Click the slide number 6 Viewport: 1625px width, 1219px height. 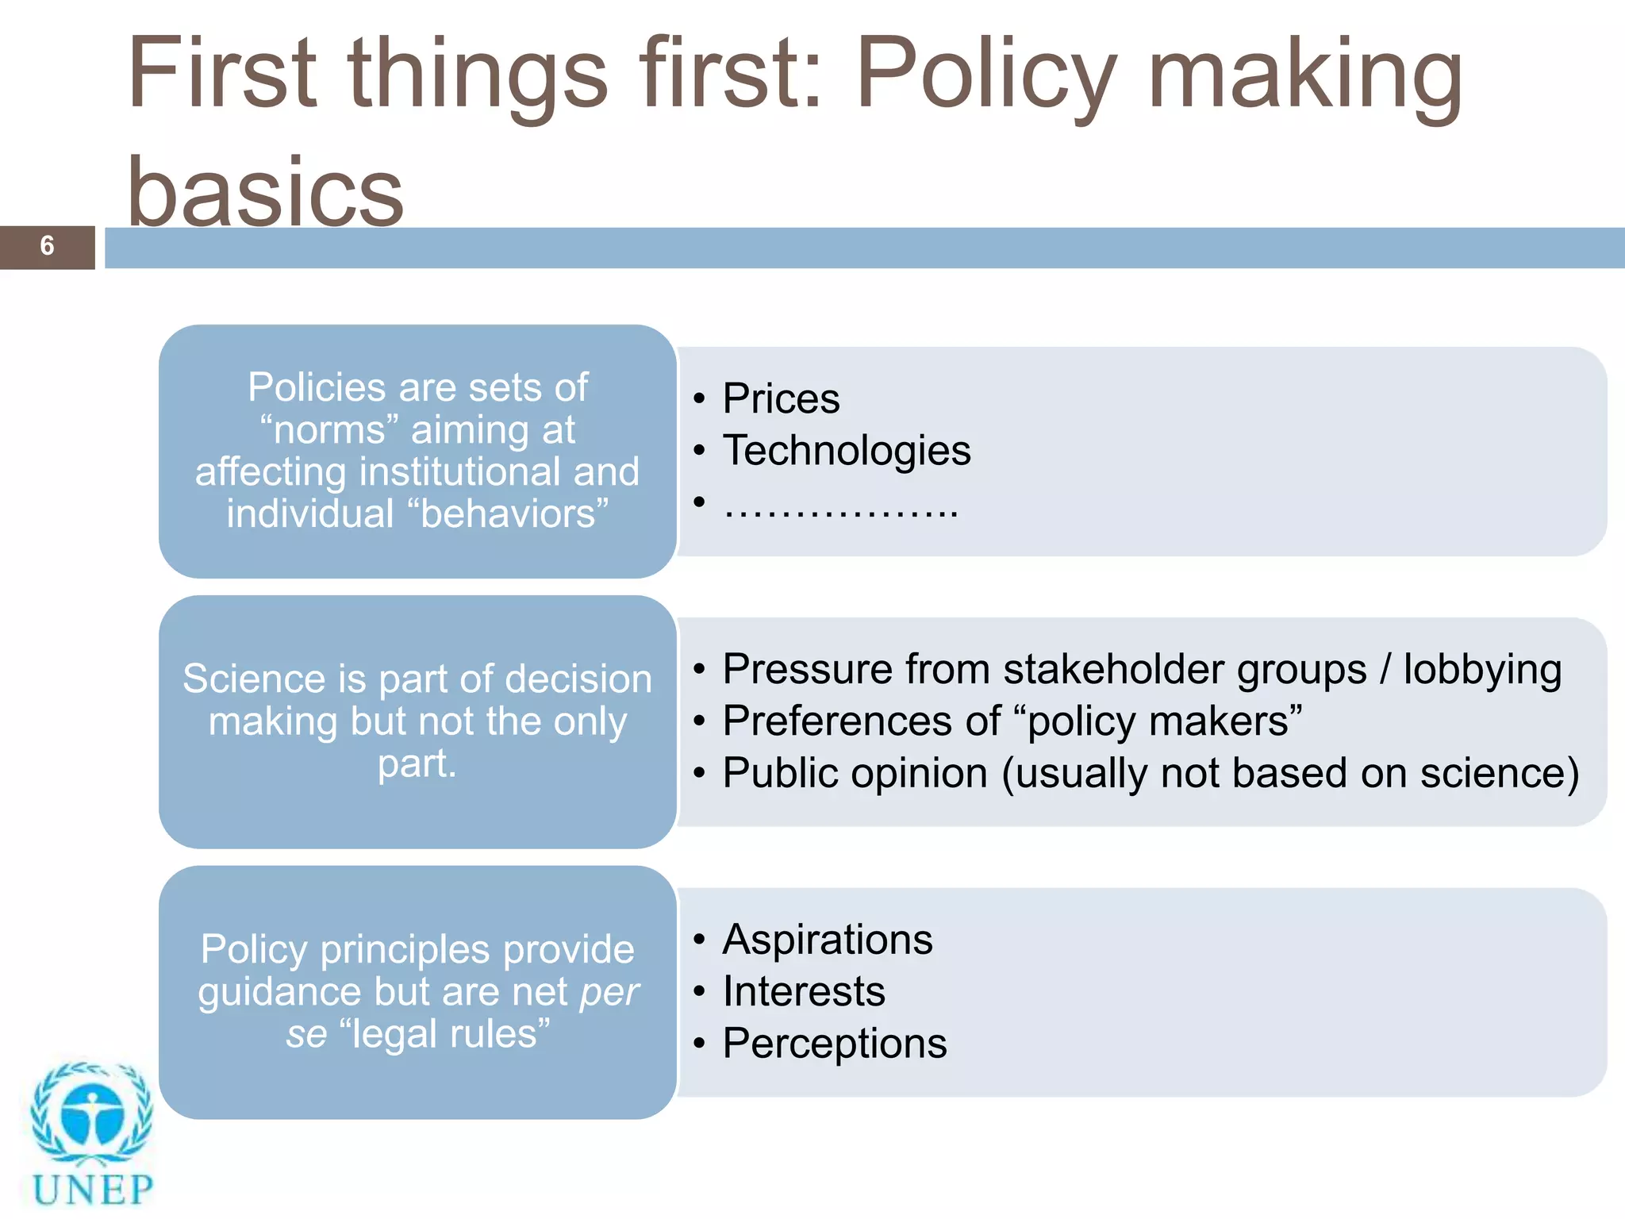click(47, 246)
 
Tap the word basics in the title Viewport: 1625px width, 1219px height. click(266, 192)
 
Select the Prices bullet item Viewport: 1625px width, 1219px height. click(781, 398)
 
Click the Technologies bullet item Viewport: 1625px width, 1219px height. click(846, 451)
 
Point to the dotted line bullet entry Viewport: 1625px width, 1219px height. click(840, 506)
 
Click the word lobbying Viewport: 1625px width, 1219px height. click(1481, 670)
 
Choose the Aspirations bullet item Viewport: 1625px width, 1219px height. click(827, 940)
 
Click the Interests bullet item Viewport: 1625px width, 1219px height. click(803, 992)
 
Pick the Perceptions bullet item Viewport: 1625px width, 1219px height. click(834, 1044)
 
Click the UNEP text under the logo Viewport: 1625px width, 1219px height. click(93, 1190)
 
